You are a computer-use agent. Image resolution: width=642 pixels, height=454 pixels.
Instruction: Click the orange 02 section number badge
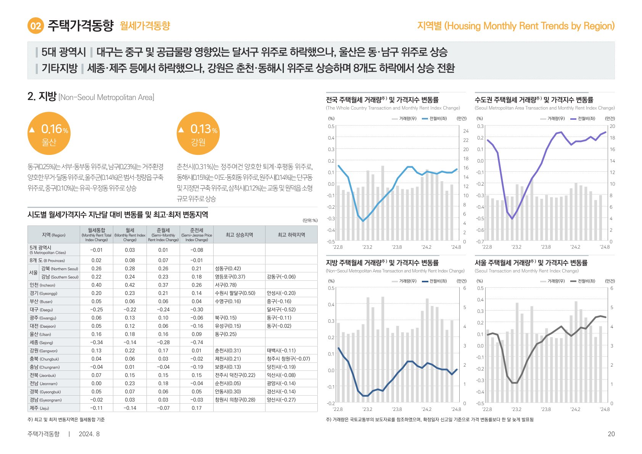click(x=35, y=26)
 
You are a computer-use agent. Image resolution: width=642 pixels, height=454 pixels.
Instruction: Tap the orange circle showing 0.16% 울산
click(x=49, y=133)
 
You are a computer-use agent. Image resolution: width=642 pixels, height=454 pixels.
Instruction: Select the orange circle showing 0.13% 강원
click(x=198, y=133)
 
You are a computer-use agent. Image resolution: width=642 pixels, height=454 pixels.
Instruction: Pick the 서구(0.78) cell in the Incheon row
click(x=226, y=285)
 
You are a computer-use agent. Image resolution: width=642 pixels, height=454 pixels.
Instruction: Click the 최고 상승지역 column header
click(x=239, y=235)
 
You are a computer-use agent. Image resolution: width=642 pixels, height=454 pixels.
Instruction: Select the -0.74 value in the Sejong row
click(x=196, y=342)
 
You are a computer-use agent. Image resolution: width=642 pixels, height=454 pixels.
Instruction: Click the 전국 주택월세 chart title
click(x=382, y=100)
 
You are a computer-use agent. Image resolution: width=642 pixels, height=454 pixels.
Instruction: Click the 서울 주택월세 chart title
click(x=531, y=263)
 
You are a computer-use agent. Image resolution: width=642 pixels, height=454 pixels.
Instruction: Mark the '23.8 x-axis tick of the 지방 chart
click(x=397, y=409)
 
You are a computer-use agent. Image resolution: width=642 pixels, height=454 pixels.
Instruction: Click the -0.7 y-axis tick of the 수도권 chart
click(x=480, y=242)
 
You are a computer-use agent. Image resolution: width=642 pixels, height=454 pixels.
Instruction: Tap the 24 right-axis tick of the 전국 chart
click(x=466, y=131)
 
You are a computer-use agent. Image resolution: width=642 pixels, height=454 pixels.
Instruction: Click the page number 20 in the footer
click(x=611, y=434)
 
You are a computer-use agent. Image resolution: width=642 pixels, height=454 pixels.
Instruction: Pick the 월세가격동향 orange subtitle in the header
click(x=145, y=26)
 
